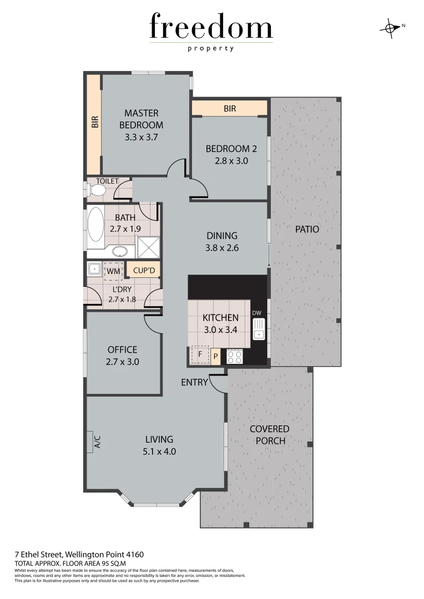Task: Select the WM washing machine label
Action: pyautogui.click(x=113, y=271)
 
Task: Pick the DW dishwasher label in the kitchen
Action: pyautogui.click(x=256, y=313)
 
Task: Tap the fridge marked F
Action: pyautogui.click(x=200, y=355)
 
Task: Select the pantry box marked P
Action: pyautogui.click(x=215, y=356)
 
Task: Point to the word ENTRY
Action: pyautogui.click(x=194, y=382)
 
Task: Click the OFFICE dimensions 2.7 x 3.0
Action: pyautogui.click(x=123, y=362)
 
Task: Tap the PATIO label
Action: pyautogui.click(x=307, y=229)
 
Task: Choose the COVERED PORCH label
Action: pyautogui.click(x=269, y=435)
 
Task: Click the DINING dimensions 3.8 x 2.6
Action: pyautogui.click(x=221, y=248)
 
